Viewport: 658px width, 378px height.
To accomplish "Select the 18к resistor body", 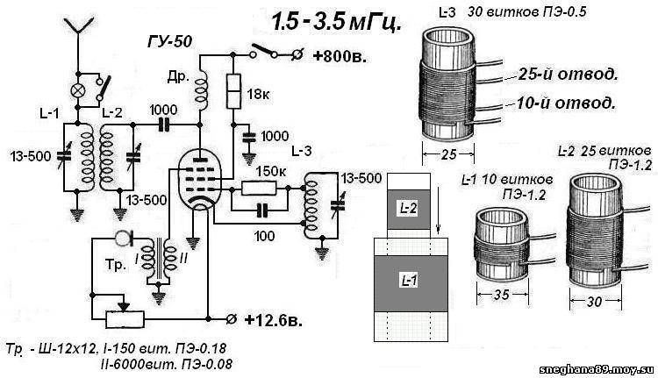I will pyautogui.click(x=234, y=89).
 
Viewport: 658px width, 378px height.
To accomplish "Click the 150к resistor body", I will pyautogui.click(x=261, y=187).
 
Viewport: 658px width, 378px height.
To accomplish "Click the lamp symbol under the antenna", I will pyautogui.click(x=78, y=89).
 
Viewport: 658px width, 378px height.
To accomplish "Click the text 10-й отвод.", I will pyautogui.click(x=561, y=103).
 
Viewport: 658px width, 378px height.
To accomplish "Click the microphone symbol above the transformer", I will pyautogui.click(x=121, y=238).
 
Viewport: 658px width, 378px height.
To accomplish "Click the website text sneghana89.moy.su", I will pyautogui.click(x=606, y=369).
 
